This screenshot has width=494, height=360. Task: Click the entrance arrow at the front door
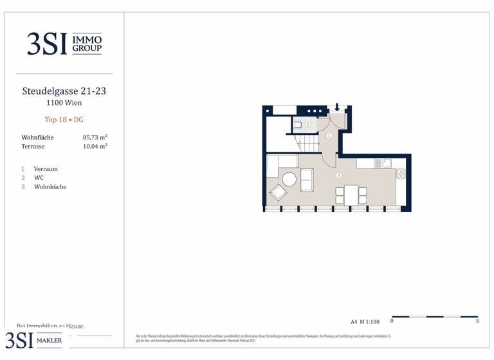(x=337, y=107)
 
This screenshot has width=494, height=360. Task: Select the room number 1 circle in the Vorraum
(x=329, y=136)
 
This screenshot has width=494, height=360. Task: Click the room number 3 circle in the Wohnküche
(x=339, y=175)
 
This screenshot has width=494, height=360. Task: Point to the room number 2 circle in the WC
(x=308, y=125)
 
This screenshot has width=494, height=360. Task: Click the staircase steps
(x=307, y=141)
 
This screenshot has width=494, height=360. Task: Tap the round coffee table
(x=289, y=179)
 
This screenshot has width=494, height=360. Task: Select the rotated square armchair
(x=279, y=192)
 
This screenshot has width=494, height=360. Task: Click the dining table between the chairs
(x=351, y=195)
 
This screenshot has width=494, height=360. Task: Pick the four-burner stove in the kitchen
(x=401, y=174)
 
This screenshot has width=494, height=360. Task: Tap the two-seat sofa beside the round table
(x=307, y=180)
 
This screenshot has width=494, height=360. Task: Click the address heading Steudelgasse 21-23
(x=64, y=91)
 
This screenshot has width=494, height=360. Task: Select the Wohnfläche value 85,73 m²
(x=95, y=138)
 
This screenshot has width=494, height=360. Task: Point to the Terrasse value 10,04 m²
(x=95, y=147)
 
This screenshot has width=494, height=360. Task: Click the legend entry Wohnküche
(x=50, y=187)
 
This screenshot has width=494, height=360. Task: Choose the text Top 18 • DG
(x=64, y=120)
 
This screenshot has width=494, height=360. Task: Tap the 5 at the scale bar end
(x=477, y=321)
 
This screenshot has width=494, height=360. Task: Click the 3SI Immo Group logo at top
(x=64, y=44)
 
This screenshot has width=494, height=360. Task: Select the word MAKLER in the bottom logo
(x=50, y=341)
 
